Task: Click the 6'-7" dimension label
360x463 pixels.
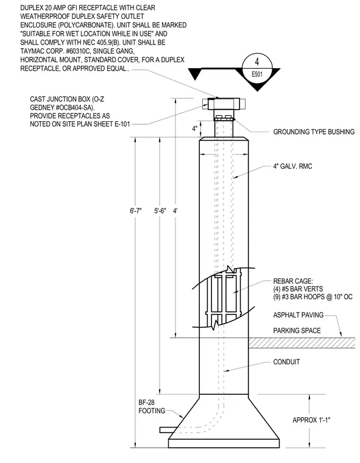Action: pyautogui.click(x=136, y=211)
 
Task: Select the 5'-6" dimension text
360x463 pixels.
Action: pyautogui.click(x=160, y=211)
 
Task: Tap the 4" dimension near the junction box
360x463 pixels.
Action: pyautogui.click(x=195, y=129)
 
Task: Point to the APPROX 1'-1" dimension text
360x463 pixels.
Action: pyautogui.click(x=311, y=420)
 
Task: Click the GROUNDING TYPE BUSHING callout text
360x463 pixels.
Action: pyautogui.click(x=314, y=132)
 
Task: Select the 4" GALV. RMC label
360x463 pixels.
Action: pyautogui.click(x=292, y=166)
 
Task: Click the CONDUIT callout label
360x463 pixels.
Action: pyautogui.click(x=286, y=362)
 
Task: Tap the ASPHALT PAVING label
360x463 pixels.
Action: pyautogui.click(x=298, y=315)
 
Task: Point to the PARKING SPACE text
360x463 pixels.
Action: pyautogui.click(x=297, y=330)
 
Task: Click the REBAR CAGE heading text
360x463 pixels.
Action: pyautogui.click(x=292, y=281)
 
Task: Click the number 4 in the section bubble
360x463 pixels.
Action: pyautogui.click(x=257, y=62)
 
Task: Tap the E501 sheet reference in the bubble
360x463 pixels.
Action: pyautogui.click(x=257, y=74)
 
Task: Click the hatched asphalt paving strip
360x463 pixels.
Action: pyautogui.click(x=302, y=343)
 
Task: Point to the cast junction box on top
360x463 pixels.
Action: pyautogui.click(x=224, y=104)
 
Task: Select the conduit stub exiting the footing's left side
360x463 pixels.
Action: pyautogui.click(x=169, y=429)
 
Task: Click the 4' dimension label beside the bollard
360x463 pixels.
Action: pyautogui.click(x=175, y=211)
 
